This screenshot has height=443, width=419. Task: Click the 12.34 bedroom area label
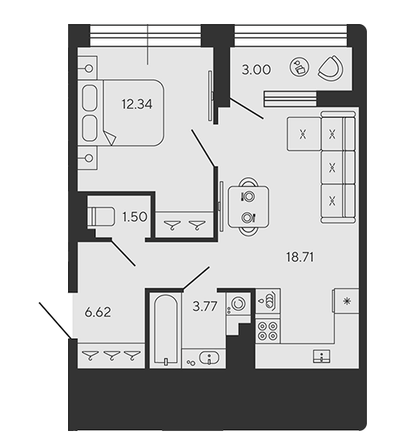(x=137, y=104)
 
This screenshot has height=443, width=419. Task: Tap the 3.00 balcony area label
(x=256, y=70)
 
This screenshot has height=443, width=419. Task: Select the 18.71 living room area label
(x=300, y=257)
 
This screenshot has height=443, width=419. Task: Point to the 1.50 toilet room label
(x=135, y=217)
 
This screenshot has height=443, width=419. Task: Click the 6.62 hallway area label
(x=98, y=312)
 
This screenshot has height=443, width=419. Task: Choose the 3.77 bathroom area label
(x=205, y=306)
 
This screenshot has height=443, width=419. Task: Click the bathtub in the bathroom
(x=166, y=330)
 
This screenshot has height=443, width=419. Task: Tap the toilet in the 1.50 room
(x=101, y=216)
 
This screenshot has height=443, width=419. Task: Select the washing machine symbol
(x=238, y=304)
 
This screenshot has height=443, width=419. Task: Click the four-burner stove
(x=268, y=331)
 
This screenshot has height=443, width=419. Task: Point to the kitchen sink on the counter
(x=322, y=356)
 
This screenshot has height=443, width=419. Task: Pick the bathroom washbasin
(x=209, y=357)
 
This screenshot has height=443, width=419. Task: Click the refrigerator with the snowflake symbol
(x=347, y=301)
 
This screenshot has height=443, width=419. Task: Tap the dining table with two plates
(x=248, y=207)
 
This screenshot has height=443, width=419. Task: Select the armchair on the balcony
(x=331, y=68)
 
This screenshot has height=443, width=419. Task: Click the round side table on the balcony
(x=300, y=67)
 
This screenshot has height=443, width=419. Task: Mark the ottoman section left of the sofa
(x=304, y=134)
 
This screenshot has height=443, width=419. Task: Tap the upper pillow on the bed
(x=90, y=98)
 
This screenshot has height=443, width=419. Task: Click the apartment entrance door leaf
(x=55, y=320)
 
